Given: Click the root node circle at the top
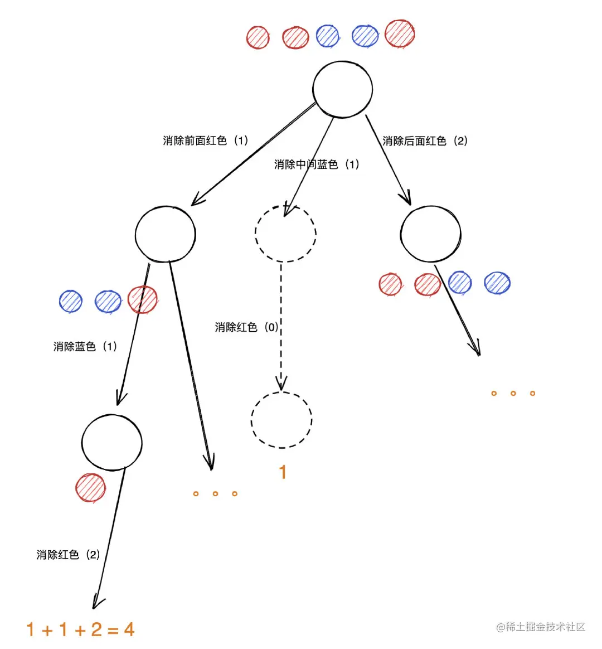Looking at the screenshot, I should pyautogui.click(x=342, y=89).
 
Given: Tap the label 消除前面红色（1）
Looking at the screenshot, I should pyautogui.click(x=206, y=141).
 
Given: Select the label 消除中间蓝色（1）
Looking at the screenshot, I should pyautogui.click(x=317, y=164).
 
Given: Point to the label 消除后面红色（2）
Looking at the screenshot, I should pyautogui.click(x=425, y=141).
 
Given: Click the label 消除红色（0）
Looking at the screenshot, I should pyautogui.click(x=247, y=327).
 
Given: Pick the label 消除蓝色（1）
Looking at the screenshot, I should pyautogui.click(x=85, y=347).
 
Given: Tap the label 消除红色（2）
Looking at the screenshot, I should pyautogui.click(x=68, y=555).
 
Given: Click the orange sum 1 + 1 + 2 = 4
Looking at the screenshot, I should pyautogui.click(x=80, y=630).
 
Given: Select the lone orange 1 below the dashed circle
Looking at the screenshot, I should pyautogui.click(x=283, y=472).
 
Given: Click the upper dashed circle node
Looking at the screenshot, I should pyautogui.click(x=285, y=234).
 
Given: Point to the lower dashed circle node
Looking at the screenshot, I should pyautogui.click(x=281, y=420).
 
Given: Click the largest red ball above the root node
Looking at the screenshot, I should pyautogui.click(x=400, y=34).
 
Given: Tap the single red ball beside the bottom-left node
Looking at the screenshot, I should pyautogui.click(x=91, y=488).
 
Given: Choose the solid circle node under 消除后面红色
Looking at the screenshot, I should pyautogui.click(x=430, y=234).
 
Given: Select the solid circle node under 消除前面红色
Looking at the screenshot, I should pyautogui.click(x=166, y=234).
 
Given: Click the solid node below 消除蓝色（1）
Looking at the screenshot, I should pyautogui.click(x=111, y=442).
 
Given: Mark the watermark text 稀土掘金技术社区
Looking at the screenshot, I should pyautogui.click(x=541, y=627).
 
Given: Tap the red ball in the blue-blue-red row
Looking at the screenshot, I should pyautogui.click(x=143, y=300).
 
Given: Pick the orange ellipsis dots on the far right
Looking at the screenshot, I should pyautogui.click(x=513, y=394).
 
